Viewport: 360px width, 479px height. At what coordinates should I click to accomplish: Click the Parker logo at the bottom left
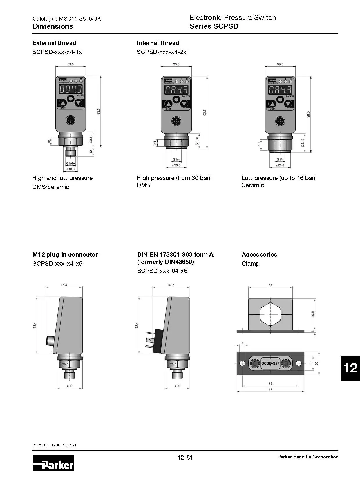point(53,463)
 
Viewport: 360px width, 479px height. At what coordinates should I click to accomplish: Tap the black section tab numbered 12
point(350,368)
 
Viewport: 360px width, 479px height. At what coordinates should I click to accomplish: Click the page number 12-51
point(185,458)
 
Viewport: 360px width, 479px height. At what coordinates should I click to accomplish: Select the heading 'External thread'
point(54,43)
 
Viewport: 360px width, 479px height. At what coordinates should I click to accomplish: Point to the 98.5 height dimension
point(308,114)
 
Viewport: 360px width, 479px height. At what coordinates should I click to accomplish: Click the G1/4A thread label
point(70,163)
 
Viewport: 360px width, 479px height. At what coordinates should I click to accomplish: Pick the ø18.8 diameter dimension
point(70,169)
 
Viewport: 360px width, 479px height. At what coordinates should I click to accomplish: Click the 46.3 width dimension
point(64,285)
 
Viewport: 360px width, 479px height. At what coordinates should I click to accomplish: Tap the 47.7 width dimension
point(171,285)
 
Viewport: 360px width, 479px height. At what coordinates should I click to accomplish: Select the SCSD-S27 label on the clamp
point(270,363)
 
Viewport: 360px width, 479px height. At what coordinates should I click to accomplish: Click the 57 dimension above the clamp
point(270,285)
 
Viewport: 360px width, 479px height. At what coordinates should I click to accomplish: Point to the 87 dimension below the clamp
point(270,389)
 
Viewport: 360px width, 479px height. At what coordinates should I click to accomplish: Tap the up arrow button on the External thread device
point(63,103)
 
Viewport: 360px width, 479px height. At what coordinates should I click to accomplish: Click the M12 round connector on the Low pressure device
point(280,121)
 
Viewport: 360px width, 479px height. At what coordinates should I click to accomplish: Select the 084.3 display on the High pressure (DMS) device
point(176,90)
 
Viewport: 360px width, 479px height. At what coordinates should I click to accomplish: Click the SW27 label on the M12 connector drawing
point(64,364)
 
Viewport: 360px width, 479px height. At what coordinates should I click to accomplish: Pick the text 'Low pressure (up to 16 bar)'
point(278,178)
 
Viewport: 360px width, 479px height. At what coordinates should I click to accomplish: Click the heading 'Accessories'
point(259,255)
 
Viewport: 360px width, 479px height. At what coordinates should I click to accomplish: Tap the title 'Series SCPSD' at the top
point(214,26)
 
